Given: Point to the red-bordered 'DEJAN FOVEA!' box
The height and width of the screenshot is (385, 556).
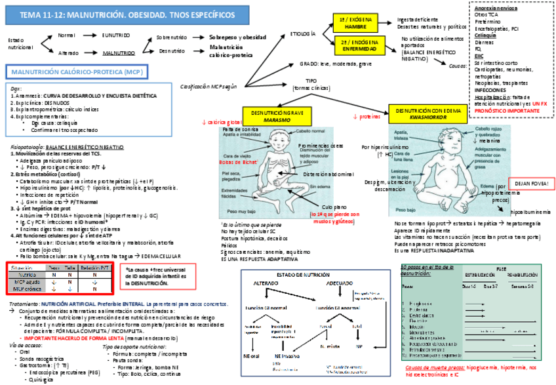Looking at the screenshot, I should pyautogui.click(x=526, y=182).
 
